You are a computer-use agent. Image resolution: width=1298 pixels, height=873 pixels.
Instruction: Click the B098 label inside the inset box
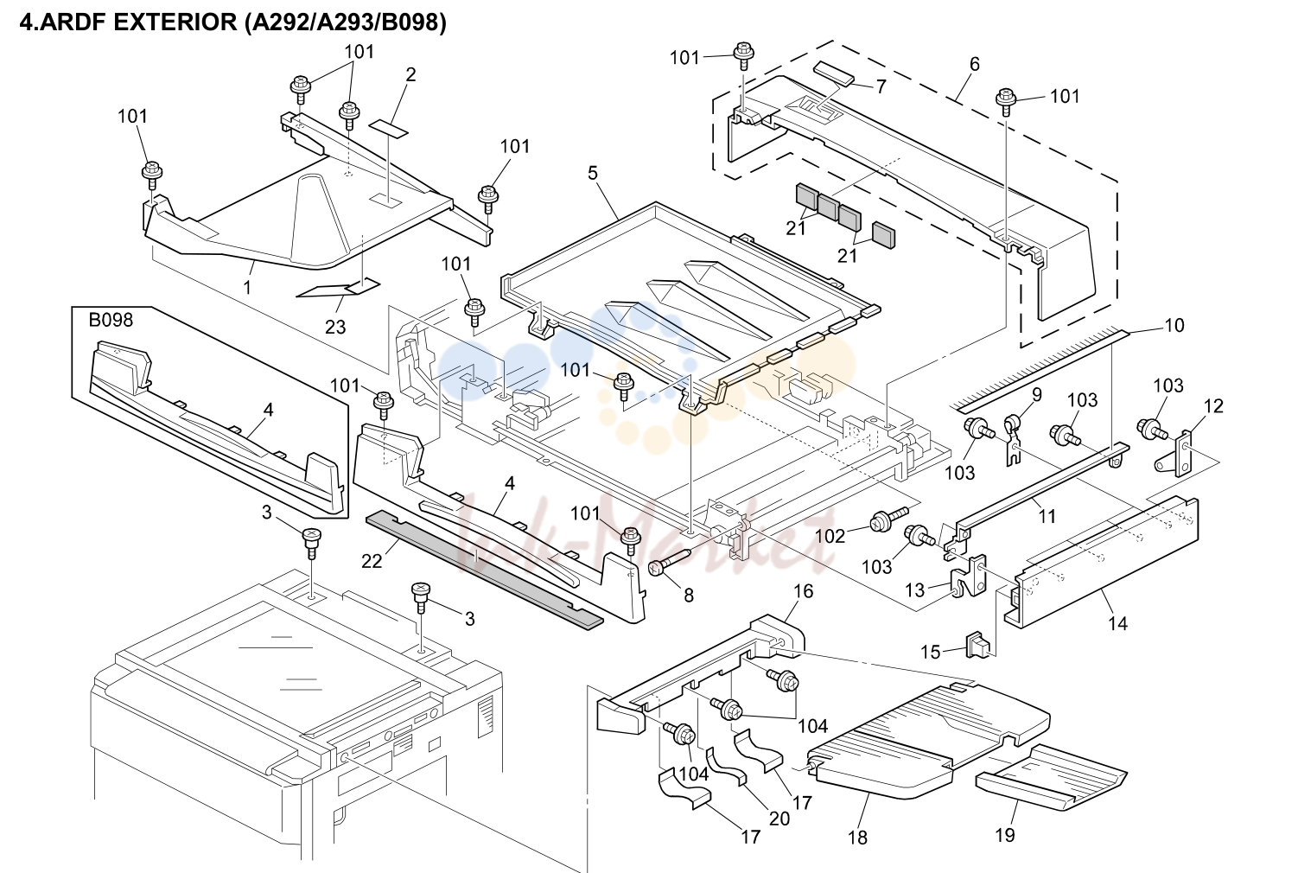tap(111, 320)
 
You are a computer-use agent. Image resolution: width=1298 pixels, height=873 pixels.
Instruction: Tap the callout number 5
tap(593, 174)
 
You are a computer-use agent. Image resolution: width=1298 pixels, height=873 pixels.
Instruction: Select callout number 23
tap(335, 328)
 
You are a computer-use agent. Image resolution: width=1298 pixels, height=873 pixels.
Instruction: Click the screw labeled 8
tap(669, 562)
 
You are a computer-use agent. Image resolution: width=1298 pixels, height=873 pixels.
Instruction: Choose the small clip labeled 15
tap(977, 645)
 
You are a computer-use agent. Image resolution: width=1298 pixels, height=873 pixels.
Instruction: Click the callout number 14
tap(1117, 624)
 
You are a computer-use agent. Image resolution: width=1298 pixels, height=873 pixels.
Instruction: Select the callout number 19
tap(1005, 835)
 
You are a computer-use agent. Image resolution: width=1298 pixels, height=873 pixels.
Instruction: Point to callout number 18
tap(857, 838)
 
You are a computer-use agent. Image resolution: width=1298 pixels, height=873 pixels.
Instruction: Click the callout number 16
tap(803, 591)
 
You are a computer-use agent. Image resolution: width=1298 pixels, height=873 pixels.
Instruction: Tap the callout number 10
tap(1174, 326)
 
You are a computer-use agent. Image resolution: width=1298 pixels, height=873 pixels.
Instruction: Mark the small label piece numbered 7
tap(835, 75)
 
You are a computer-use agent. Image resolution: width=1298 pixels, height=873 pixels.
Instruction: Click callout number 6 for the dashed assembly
tap(974, 64)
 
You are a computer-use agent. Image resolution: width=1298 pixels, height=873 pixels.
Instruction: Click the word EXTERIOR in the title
tap(175, 22)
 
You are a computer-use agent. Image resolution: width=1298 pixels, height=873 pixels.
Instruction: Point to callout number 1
tap(247, 287)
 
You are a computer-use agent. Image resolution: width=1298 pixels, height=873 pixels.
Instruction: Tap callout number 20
tap(779, 819)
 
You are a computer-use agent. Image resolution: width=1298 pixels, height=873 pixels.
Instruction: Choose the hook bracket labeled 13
tap(970, 575)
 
